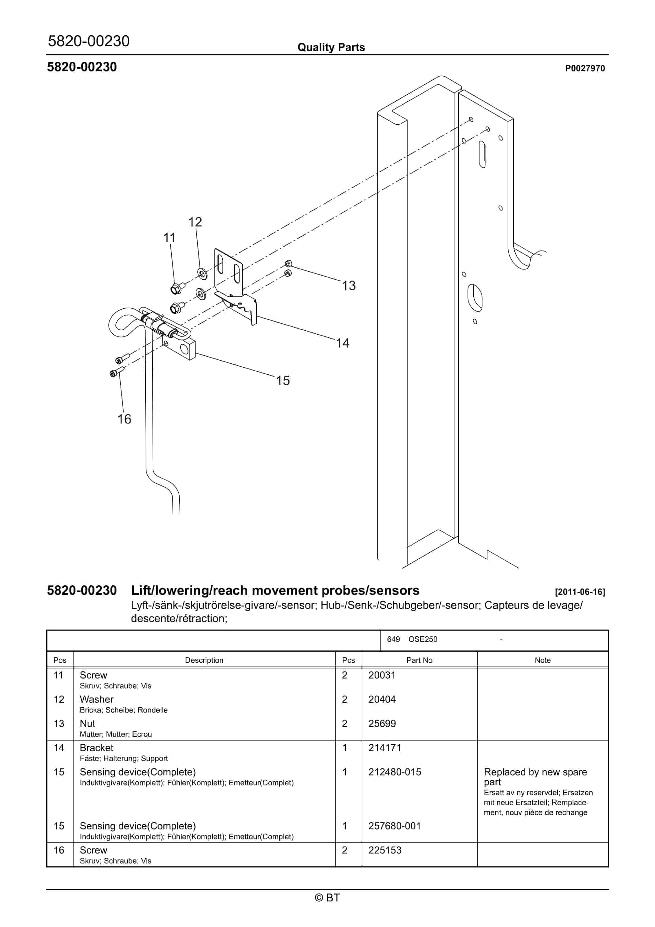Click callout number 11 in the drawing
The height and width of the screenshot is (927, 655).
[x=169, y=238]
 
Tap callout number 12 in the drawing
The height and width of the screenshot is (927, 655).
[x=195, y=222]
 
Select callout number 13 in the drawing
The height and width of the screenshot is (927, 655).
[x=349, y=286]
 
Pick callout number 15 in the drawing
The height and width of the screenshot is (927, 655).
[x=283, y=380]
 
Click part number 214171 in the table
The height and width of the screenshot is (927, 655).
[x=384, y=748]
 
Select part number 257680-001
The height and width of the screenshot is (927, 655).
[x=394, y=826]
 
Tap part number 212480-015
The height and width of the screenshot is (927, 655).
[x=394, y=772]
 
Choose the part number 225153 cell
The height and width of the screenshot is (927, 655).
[x=384, y=850]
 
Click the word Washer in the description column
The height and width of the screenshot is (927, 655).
[x=97, y=699]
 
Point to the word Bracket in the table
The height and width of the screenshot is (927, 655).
[x=97, y=748]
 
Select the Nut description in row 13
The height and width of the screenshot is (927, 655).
[x=88, y=724]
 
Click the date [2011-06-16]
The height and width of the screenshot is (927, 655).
[x=580, y=592]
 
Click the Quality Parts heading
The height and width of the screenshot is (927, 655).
[x=331, y=47]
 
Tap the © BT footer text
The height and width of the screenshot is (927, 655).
[x=327, y=898]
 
